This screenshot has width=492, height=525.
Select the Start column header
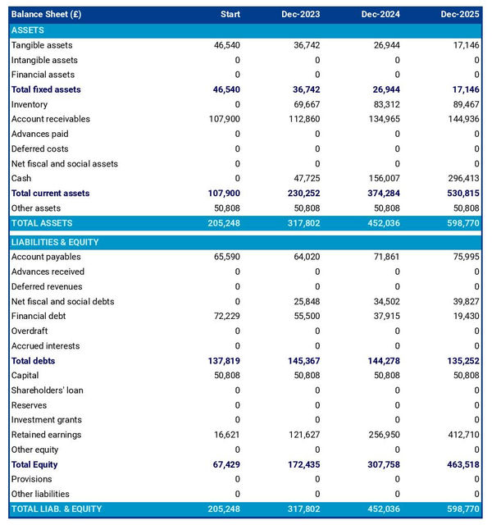point(230,15)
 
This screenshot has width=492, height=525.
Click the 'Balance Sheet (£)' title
point(46,15)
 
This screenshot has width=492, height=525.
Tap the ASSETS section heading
point(28,30)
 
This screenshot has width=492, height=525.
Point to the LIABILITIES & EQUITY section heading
point(55,242)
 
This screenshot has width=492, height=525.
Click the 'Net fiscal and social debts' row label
point(62,301)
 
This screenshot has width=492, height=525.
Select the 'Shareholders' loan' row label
point(48,390)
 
